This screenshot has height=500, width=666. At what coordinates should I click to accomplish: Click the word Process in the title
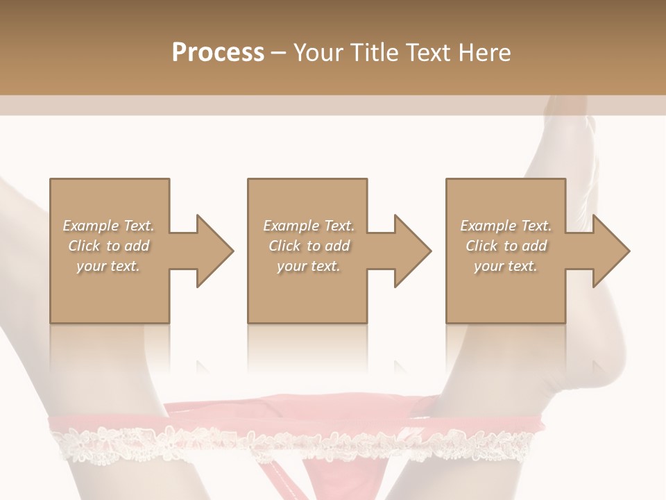218,52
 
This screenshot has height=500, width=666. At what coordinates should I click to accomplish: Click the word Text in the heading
428,52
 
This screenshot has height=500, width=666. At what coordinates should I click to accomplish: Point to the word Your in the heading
320,52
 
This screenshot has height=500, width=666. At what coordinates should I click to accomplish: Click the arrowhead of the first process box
212,251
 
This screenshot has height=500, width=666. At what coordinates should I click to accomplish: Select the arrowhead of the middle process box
411,251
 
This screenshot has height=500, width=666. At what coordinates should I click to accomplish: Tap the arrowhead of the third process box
609,251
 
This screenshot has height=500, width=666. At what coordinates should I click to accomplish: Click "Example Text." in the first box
109,226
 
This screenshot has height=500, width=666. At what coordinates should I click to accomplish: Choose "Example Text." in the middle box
309,226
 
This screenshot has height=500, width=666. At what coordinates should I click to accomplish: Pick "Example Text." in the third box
506,226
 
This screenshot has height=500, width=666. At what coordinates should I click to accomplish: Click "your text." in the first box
109,266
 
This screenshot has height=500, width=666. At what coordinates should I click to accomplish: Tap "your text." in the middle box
309,266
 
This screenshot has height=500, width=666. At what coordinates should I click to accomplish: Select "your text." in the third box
506,266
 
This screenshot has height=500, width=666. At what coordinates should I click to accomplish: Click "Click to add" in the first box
109,246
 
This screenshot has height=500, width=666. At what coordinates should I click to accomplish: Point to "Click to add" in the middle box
309,246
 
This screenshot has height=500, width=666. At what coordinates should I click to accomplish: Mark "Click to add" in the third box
506,246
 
